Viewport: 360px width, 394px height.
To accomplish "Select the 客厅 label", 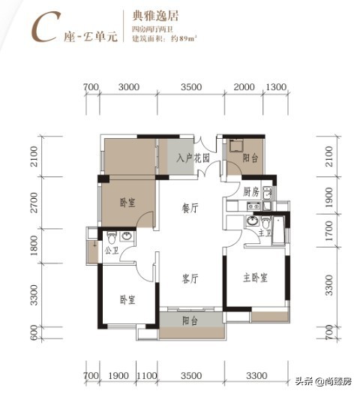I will pos(190,278).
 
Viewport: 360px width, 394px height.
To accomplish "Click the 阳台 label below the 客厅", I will pos(190,320).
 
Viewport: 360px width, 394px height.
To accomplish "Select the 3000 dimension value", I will pos(130,88).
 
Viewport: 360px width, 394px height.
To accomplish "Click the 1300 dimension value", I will pos(276,88).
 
